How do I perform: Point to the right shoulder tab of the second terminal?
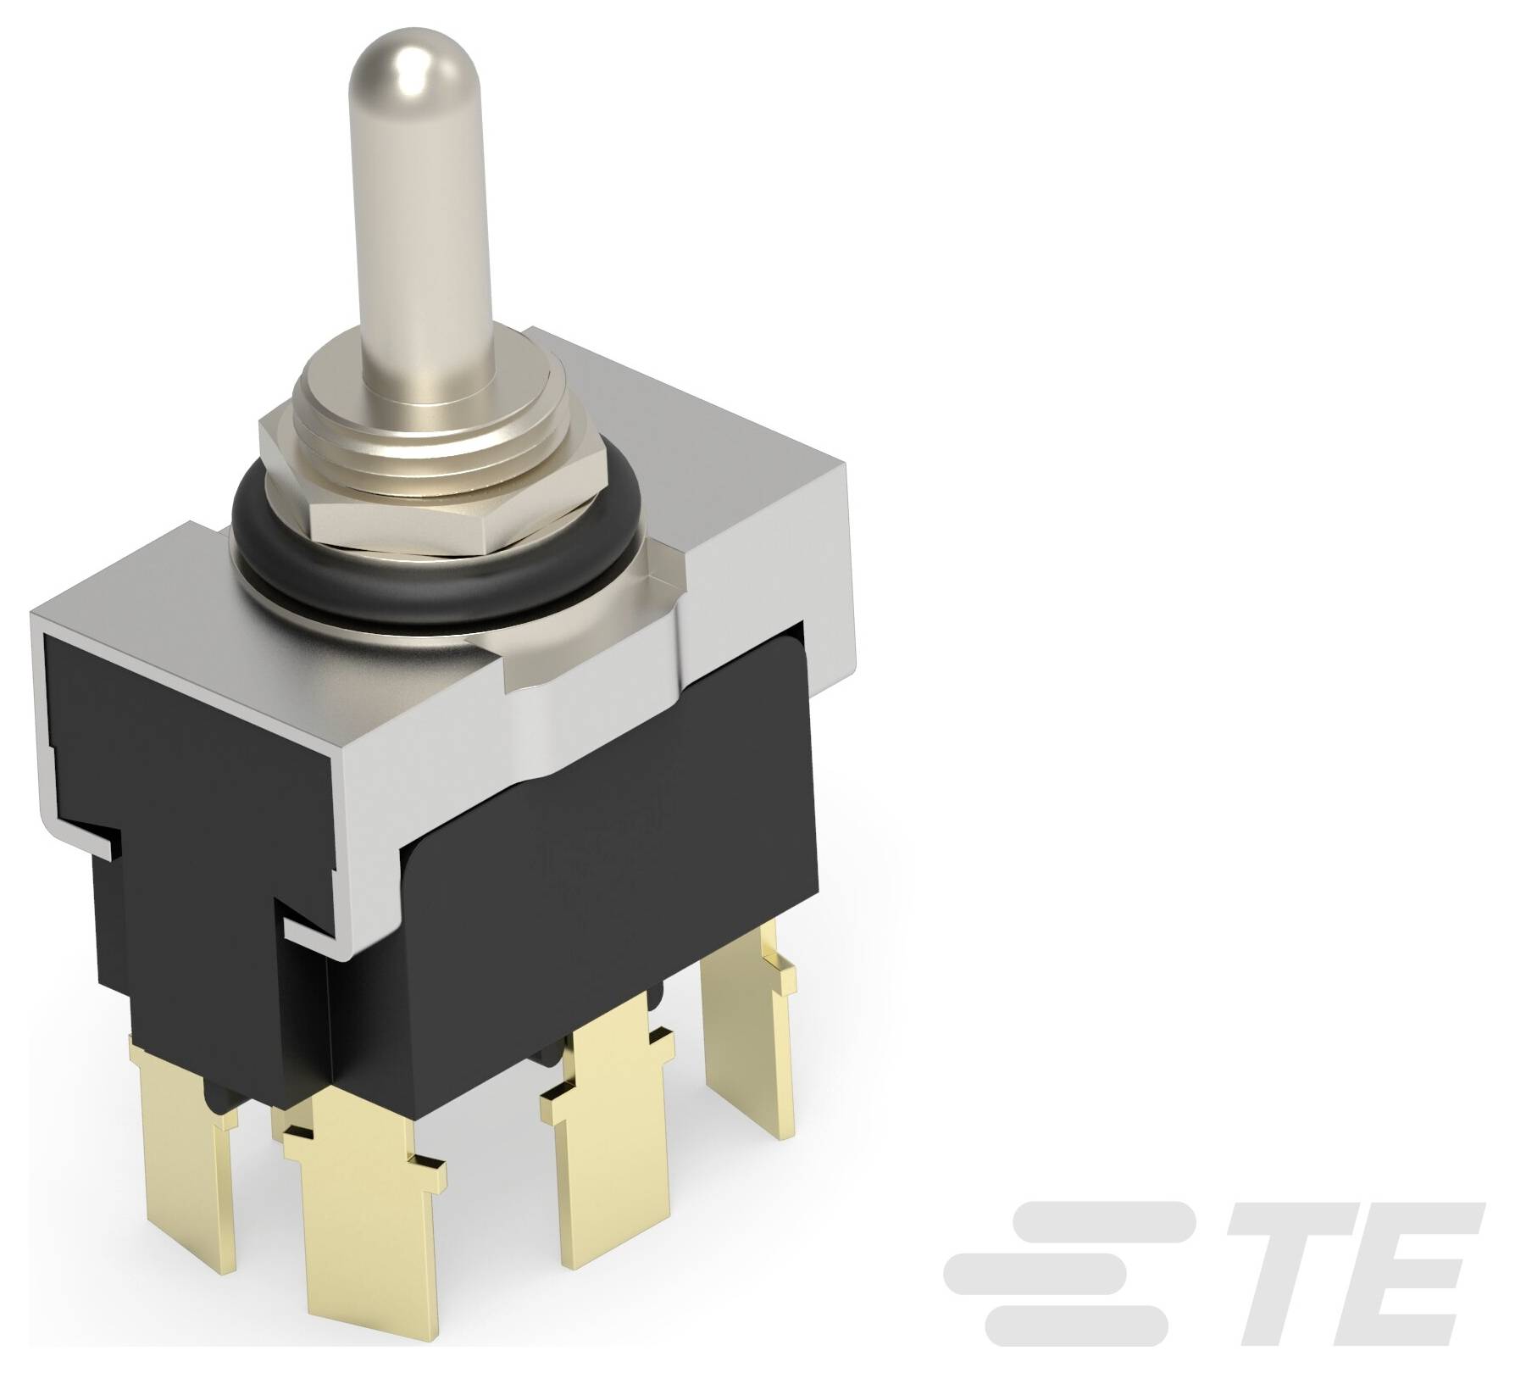coord(424,1170)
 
